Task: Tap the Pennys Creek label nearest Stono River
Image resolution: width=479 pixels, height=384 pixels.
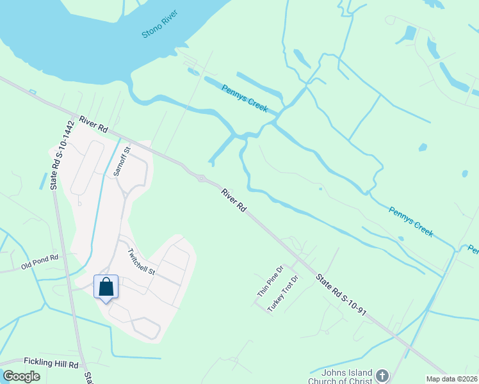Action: (245, 99)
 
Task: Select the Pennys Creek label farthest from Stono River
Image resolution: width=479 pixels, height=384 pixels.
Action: (411, 221)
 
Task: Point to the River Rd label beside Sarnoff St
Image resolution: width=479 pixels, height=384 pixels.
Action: (93, 124)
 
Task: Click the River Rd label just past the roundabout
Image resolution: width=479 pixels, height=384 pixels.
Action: (234, 200)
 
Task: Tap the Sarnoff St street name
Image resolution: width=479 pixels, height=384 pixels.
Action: (122, 161)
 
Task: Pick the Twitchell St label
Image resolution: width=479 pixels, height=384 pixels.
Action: (142, 262)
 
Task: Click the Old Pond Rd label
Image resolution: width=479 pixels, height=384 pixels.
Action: (40, 260)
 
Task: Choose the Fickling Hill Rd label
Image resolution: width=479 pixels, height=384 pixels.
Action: (51, 364)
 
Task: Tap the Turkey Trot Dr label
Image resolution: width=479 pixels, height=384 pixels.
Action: (284, 293)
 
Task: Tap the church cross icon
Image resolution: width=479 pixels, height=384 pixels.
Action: (382, 376)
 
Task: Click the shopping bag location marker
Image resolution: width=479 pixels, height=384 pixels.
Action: (106, 287)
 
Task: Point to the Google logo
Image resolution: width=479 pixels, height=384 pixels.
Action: (21, 376)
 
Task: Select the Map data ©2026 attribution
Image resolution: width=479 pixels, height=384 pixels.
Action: (451, 378)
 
